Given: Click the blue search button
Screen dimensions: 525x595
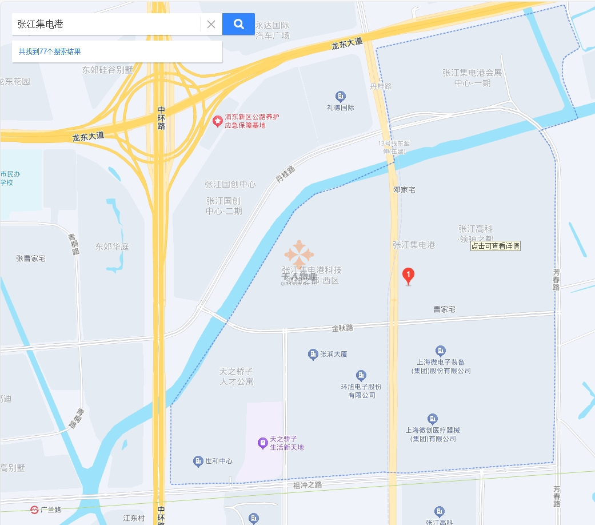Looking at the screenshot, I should pos(238,24).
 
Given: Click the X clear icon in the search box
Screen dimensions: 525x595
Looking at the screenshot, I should pos(211,24).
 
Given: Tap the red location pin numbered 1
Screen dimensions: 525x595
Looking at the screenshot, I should pos(408,276).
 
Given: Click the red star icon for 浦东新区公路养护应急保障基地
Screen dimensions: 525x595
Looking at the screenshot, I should pos(217,121).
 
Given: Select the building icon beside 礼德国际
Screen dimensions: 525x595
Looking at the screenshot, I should pos(341,96).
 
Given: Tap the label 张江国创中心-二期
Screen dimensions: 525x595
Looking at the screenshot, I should pos(224,206).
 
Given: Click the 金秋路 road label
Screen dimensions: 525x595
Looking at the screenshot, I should pos(342,328).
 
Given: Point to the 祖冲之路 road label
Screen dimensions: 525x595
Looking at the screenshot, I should pos(308,485).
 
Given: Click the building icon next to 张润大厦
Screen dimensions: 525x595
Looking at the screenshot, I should pos(313,355).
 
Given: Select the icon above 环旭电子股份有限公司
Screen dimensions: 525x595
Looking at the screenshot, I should pos(361,375).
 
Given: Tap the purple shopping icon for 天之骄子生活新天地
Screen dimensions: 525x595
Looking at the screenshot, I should pos(262,443).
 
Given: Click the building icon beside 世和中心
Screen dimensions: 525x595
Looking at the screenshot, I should pos(198,461).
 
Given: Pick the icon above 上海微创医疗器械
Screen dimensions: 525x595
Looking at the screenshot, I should pos(433,419).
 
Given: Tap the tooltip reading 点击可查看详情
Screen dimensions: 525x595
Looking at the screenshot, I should pos(495,246).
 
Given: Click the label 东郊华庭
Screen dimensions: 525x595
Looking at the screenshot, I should pos(112,247).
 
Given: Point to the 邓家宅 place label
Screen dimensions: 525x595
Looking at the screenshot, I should pos(404,189).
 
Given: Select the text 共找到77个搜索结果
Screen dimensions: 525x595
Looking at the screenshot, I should pos(50,51).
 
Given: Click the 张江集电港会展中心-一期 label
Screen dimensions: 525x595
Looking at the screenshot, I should pos(472,78).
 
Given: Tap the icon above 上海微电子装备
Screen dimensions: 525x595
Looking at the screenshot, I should pos(440,351).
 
